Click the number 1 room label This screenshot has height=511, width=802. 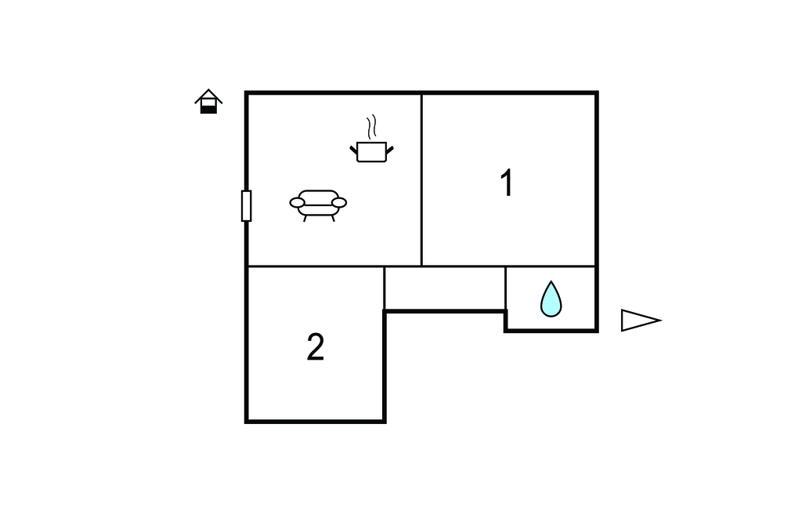[x=507, y=183]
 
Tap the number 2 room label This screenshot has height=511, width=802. [x=316, y=347]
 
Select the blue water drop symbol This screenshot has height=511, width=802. [x=551, y=299]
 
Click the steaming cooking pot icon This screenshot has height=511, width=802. [x=372, y=139]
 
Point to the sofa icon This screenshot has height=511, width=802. [x=318, y=205]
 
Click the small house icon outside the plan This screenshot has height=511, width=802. [x=208, y=101]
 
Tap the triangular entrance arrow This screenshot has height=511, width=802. [x=641, y=321]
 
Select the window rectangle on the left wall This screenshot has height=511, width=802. [x=247, y=206]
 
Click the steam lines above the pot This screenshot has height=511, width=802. [x=372, y=127]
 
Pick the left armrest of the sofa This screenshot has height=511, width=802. [x=297, y=203]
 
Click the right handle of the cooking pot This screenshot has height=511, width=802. [x=390, y=150]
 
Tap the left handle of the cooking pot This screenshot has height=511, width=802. [x=354, y=150]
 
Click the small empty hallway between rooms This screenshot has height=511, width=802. [x=445, y=288]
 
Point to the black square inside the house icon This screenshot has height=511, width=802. [x=208, y=110]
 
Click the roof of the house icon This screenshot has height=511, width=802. [x=208, y=96]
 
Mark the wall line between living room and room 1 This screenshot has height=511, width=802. [x=421, y=179]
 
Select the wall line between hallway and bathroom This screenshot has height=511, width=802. [x=505, y=288]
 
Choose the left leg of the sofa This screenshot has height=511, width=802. [x=305, y=219]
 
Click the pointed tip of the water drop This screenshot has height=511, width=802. [x=551, y=281]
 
